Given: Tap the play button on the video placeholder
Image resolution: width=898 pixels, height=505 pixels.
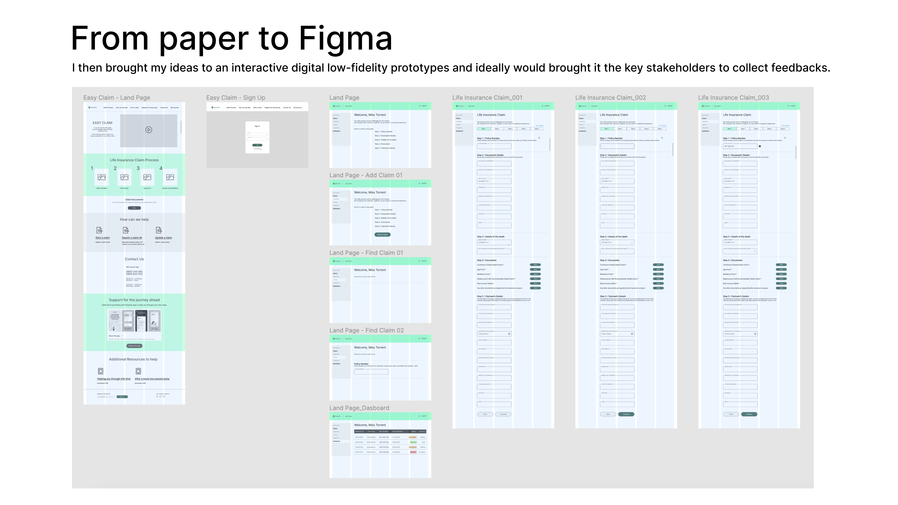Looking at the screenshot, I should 148,130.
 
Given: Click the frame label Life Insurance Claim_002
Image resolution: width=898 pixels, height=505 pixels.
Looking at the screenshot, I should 610,97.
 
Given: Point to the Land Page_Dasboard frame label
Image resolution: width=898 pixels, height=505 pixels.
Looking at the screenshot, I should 359,408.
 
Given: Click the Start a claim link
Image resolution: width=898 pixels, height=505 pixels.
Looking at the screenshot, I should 102,238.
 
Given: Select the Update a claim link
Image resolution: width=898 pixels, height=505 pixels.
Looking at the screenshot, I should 163,238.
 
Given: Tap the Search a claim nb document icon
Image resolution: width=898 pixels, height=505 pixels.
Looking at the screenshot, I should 126,230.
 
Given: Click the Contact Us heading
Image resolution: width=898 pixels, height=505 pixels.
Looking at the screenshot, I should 134,259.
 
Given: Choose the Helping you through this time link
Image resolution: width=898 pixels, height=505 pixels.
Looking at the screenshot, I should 114,379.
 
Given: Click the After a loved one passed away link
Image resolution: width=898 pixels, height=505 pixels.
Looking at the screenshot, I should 152,379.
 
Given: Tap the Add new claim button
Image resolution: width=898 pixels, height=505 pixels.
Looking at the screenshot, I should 382,234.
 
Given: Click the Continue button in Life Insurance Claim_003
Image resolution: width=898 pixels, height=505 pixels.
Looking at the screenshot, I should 749,414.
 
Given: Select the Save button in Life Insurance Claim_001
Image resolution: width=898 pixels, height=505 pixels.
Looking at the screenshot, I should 485,414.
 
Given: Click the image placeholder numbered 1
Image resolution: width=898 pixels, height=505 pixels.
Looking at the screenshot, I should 101,177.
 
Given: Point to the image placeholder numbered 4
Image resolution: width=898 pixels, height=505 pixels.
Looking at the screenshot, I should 170,177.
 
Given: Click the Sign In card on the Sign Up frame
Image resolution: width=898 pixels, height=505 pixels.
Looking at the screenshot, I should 257,137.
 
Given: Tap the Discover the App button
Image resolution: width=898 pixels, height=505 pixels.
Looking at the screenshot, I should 134,346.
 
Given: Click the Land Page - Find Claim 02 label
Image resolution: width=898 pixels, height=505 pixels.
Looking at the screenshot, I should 366,330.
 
